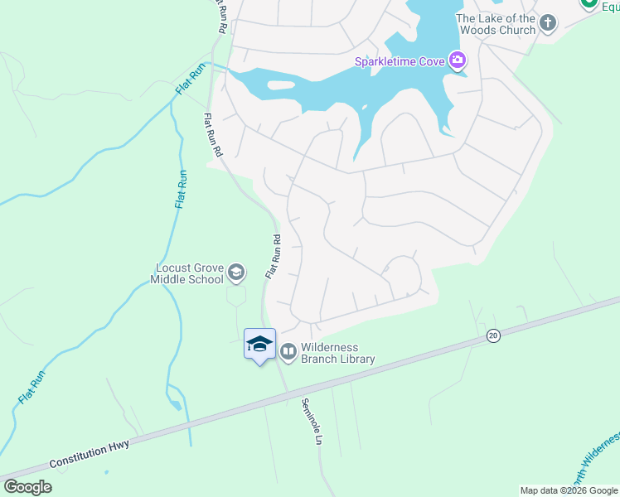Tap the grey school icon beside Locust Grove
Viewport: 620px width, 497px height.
pos(236,273)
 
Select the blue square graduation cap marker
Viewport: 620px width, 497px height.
pos(259,344)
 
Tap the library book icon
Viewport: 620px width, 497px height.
pos(288,352)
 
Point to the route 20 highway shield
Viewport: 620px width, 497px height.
pos(494,335)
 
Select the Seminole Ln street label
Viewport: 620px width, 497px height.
pos(311,422)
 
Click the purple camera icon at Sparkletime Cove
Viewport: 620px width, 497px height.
pos(457,60)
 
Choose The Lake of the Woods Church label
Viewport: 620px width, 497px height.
pos(495,24)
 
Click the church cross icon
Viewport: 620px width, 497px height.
pos(547,23)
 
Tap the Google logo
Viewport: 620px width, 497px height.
pos(27,486)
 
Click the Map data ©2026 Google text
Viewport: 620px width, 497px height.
pos(569,490)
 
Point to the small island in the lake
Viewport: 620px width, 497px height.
pos(281,84)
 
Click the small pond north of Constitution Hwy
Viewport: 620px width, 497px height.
pos(175,404)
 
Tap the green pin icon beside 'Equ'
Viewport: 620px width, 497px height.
pos(590,3)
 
